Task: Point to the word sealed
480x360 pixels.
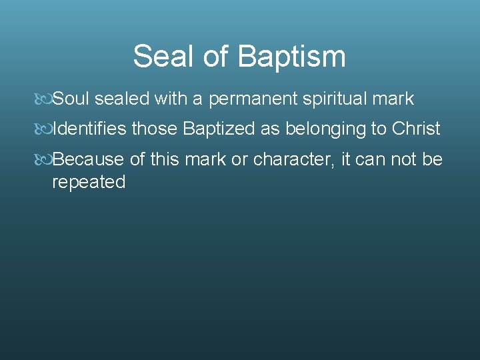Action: tap(122, 99)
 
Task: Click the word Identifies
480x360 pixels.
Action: tap(89, 129)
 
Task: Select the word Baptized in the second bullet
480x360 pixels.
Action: tap(219, 129)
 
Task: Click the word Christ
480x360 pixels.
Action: tap(415, 129)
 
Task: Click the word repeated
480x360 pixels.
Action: tap(89, 182)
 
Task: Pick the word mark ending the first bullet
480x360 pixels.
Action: tap(393, 99)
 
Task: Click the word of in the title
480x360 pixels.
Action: tap(215, 57)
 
